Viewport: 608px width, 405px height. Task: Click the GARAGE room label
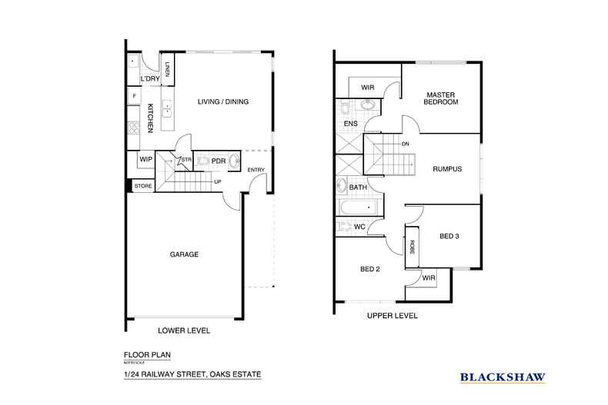pos(184,254)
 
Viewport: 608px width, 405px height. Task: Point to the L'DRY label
pos(149,79)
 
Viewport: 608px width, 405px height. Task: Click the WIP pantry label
pos(145,159)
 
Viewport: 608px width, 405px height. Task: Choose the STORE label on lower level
pos(143,186)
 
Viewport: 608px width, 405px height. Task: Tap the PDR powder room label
pos(218,161)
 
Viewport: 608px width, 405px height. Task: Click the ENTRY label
pos(256,170)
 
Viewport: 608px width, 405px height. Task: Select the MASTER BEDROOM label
pos(442,98)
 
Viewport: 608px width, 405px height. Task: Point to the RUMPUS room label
pos(446,169)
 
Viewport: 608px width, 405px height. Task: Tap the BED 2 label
pos(371,269)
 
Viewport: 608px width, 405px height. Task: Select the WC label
pos(359,227)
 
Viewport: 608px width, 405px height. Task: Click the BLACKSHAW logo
pos(503,377)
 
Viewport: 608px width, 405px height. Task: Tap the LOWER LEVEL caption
pos(184,330)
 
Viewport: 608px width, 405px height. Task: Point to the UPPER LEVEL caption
pos(392,316)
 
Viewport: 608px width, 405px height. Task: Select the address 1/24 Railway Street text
pos(192,374)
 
